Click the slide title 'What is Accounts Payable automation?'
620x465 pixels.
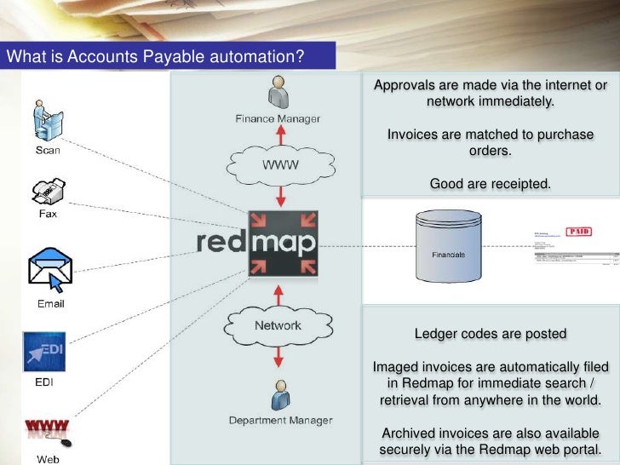pos(155,57)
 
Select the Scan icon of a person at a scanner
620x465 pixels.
pos(46,120)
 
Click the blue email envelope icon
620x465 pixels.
pos(49,267)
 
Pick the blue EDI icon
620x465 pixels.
pos(43,352)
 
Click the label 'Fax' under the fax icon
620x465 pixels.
pos(48,214)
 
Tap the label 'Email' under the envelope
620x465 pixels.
pos(49,303)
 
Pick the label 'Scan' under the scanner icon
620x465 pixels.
pos(47,151)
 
